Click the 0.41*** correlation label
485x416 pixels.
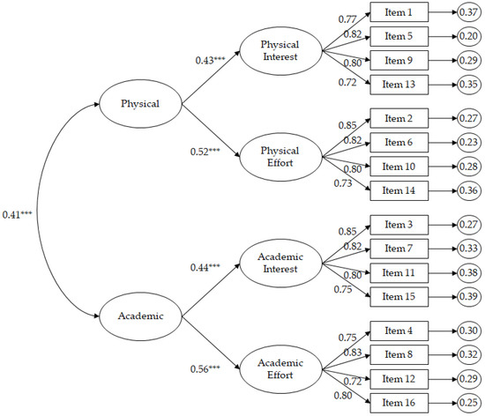[18, 214]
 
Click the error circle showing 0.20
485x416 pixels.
[469, 37]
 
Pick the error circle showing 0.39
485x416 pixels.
[469, 297]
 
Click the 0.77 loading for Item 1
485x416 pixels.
[347, 18]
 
